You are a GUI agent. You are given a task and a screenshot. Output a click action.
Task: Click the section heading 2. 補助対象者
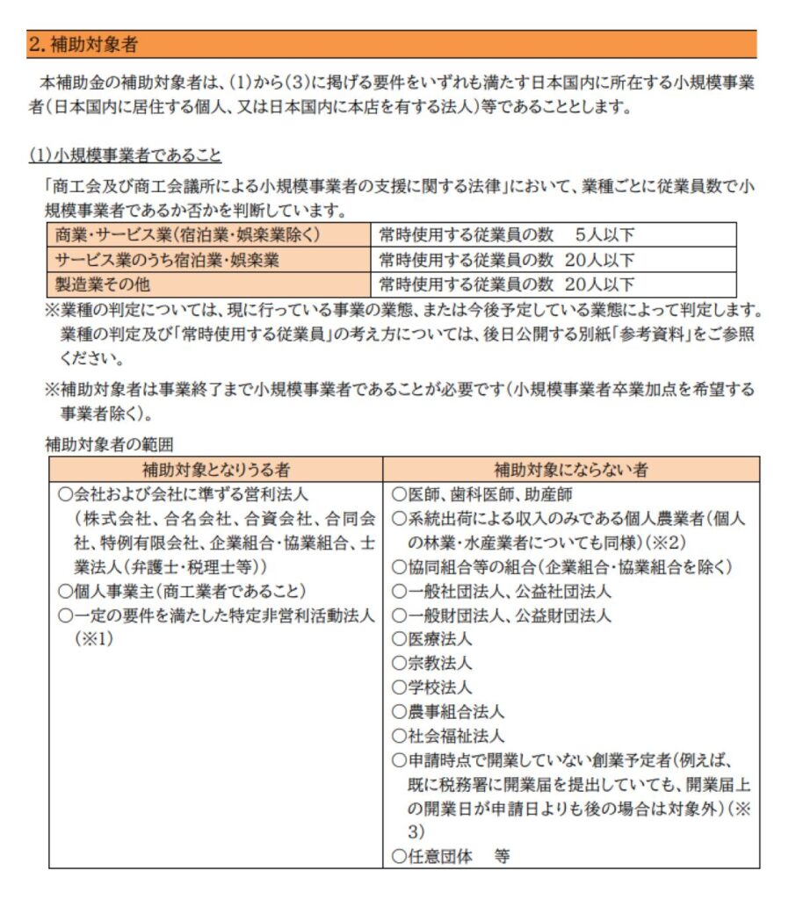point(83,44)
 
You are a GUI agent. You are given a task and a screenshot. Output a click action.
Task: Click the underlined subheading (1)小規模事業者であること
point(125,155)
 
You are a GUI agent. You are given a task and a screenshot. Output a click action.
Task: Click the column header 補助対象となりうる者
point(215,470)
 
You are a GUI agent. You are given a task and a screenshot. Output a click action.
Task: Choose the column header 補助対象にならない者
point(571,470)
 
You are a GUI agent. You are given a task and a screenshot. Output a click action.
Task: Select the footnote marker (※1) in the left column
point(95,639)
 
